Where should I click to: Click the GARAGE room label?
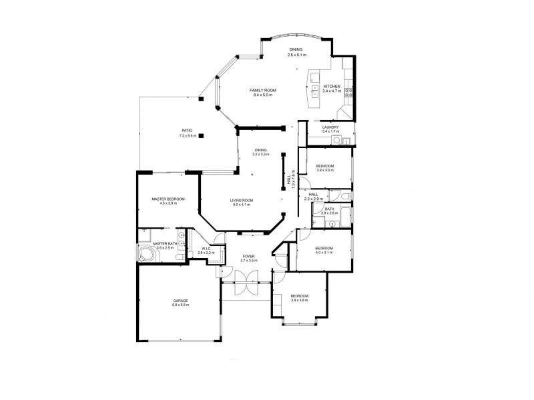pos(180,301)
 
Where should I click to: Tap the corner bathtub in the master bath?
pos(146,254)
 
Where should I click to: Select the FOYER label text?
pos(248,255)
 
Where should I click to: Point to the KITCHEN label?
pos(332,87)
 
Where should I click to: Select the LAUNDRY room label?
pos(330,127)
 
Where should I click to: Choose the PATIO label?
pos(188,131)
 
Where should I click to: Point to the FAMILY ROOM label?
pos(263,90)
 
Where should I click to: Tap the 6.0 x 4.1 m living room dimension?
pos(242,205)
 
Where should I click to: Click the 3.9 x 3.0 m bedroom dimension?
pos(325,170)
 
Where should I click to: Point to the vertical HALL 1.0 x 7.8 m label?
pos(291,179)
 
